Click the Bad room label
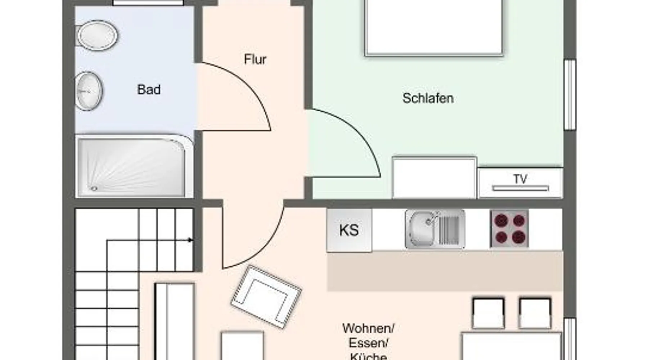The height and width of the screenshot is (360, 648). pyautogui.click(x=149, y=89)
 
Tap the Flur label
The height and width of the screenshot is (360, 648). pyautogui.click(x=255, y=59)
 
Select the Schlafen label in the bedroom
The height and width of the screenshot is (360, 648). pyautogui.click(x=428, y=98)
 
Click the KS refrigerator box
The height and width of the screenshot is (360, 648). pyautogui.click(x=349, y=230)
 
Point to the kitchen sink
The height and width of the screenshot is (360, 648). pyautogui.click(x=435, y=229)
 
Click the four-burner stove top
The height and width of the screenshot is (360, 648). pyautogui.click(x=509, y=229)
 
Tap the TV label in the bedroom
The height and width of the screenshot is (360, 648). pyautogui.click(x=520, y=179)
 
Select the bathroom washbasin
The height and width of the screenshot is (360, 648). pyautogui.click(x=89, y=91)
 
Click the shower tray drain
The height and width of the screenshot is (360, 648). pyautogui.click(x=94, y=188)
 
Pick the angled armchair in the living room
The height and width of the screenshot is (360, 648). pyautogui.click(x=266, y=297)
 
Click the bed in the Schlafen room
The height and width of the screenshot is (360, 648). pyautogui.click(x=433, y=28)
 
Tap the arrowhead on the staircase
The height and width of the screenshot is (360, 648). pyautogui.click(x=190, y=240)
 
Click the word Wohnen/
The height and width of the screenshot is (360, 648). pyautogui.click(x=368, y=328)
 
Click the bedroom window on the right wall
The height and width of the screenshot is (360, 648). pyautogui.click(x=570, y=94)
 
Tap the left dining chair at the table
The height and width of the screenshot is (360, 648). pyautogui.click(x=488, y=313)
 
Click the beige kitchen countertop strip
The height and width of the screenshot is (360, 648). pyautogui.click(x=445, y=271)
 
